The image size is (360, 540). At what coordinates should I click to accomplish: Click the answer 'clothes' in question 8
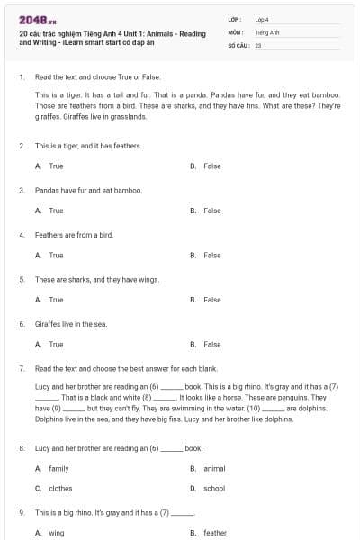[x=59, y=488]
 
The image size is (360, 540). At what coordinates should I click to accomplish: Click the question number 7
[x=21, y=369]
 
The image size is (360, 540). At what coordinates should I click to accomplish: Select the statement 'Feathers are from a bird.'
[x=74, y=235]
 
